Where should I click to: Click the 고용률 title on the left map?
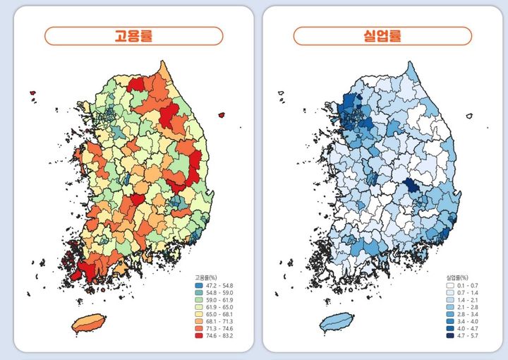click(133, 36)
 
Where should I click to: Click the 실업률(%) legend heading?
click(457, 277)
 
